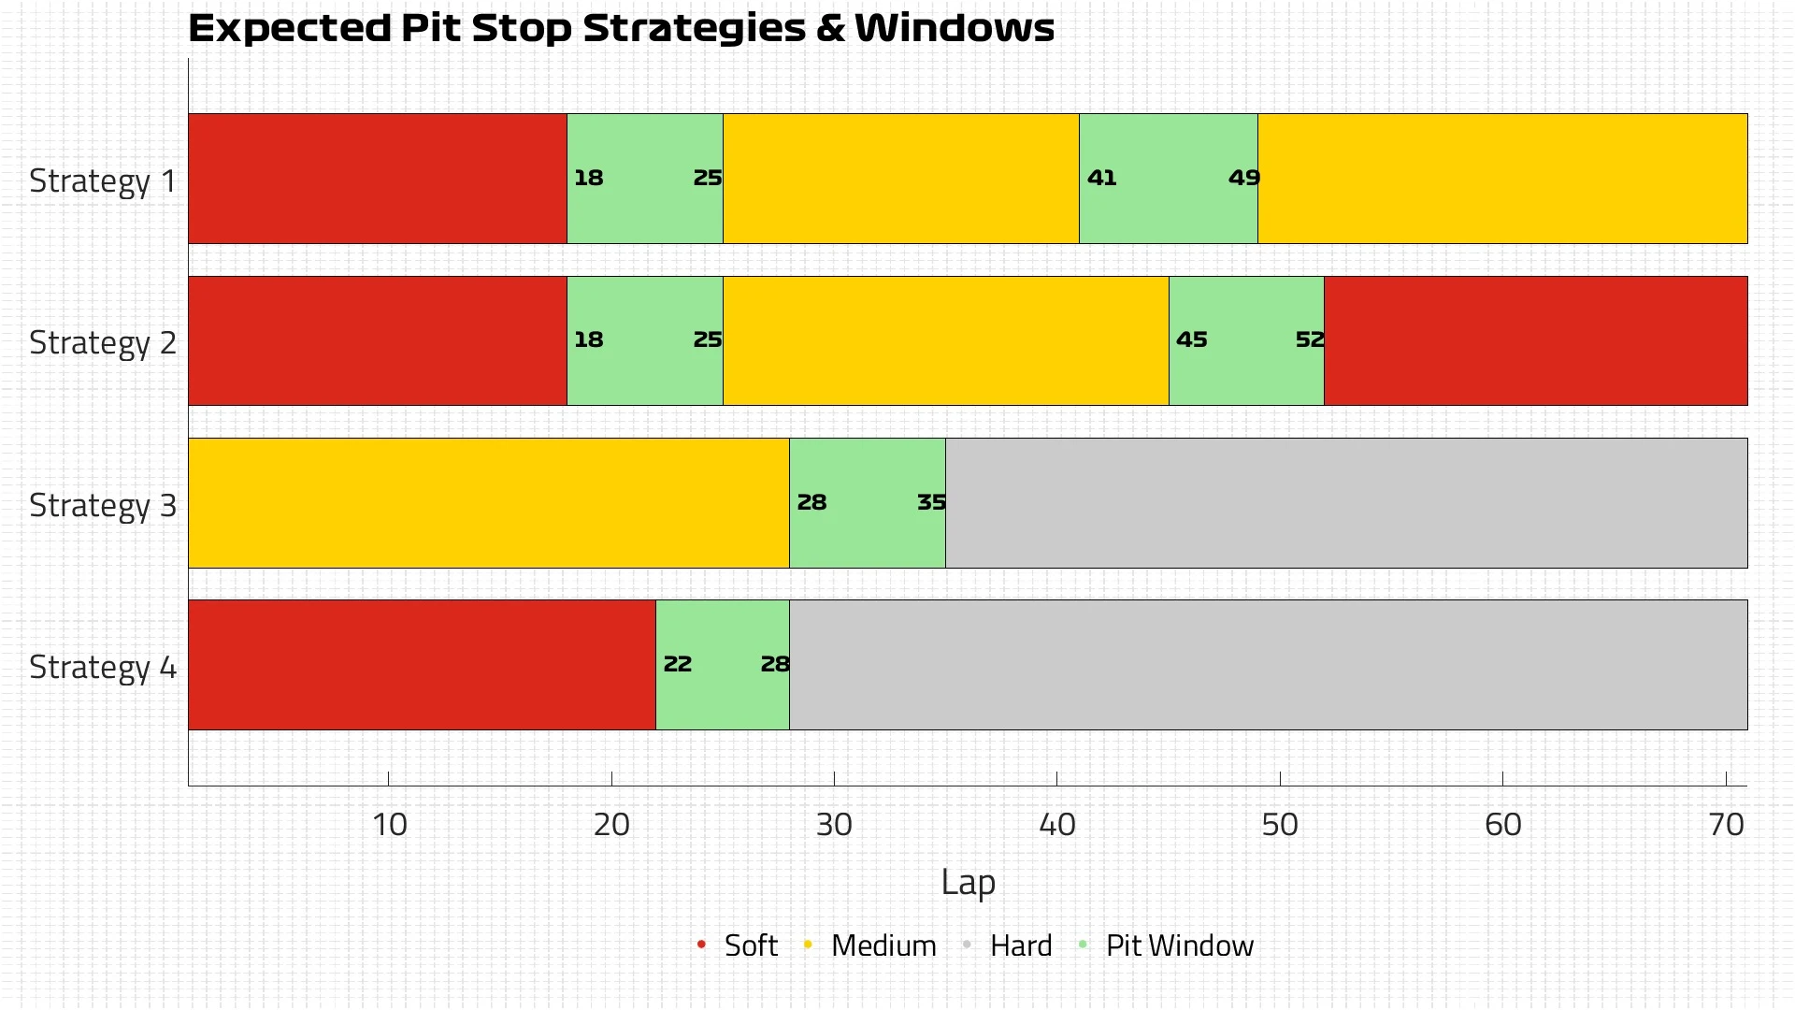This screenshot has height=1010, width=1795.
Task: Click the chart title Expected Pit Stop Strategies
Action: [621, 28]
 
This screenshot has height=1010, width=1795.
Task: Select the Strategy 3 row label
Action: [103, 505]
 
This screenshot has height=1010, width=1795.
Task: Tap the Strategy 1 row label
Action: [103, 180]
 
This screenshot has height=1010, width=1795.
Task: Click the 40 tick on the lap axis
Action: [1057, 824]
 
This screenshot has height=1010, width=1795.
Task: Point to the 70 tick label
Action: [1726, 824]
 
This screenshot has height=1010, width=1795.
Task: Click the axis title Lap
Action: [968, 882]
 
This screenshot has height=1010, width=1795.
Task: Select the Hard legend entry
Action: [1020, 945]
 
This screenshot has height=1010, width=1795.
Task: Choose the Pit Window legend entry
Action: [1178, 945]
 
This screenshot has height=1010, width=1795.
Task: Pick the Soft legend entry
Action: [750, 945]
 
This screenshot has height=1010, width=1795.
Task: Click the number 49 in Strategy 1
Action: [1244, 178]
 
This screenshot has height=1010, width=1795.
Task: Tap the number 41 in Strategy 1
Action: [1101, 178]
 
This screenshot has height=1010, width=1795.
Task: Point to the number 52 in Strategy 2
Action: [1310, 339]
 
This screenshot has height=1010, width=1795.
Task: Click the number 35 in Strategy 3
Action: [931, 502]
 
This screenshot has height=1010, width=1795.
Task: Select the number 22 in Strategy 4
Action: [677, 664]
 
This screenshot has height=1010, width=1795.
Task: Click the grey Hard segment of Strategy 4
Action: [1268, 664]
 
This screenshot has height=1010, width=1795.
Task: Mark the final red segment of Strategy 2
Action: [1535, 340]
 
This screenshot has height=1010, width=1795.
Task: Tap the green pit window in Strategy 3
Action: [867, 533]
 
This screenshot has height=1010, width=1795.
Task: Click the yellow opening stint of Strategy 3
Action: [488, 502]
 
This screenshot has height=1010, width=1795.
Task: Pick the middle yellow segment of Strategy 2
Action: [945, 340]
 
